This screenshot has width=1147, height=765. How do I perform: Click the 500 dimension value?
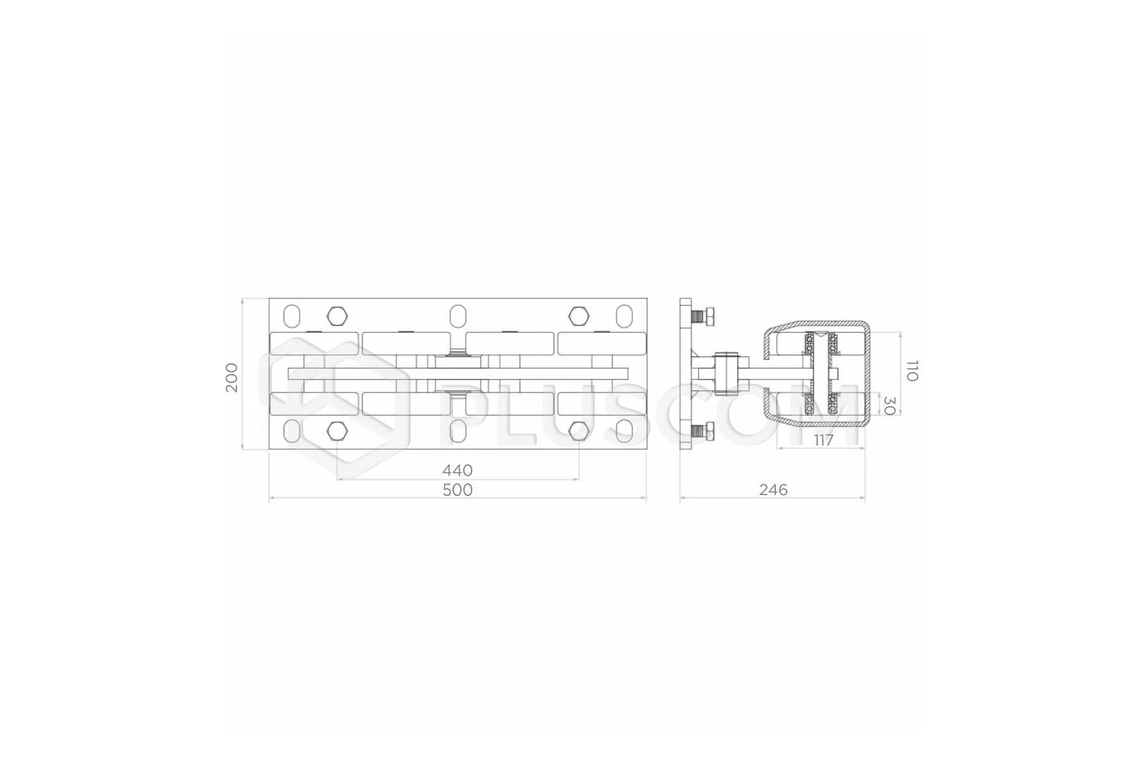pos(457,490)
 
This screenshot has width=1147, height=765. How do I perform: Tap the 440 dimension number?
pos(457,470)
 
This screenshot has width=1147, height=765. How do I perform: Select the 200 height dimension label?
pos(232,377)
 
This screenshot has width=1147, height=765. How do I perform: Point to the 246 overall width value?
pos(773,490)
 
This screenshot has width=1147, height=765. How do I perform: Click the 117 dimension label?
pos(823,440)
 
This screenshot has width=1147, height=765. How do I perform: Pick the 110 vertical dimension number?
pos(912,370)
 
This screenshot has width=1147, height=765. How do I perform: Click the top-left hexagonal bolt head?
pos(337,316)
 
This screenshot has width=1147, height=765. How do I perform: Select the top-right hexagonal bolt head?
pos(578,316)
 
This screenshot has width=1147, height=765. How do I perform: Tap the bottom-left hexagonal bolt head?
pos(337,431)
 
